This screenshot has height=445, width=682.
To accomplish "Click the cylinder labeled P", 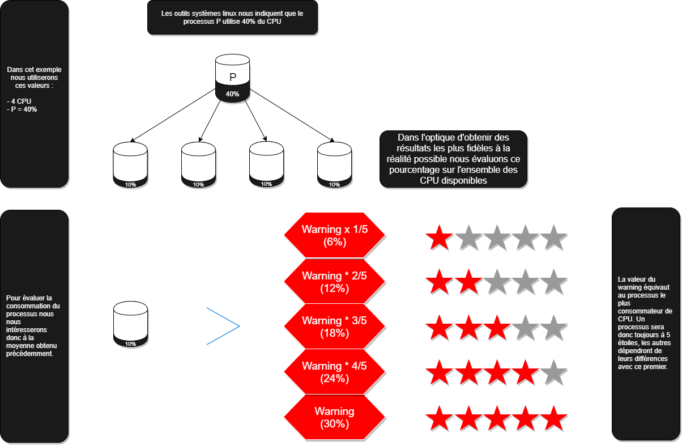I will point(232,78).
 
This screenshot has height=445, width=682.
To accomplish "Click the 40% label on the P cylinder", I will point(232,94).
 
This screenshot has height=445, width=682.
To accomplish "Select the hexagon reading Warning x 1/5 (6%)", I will point(334,235).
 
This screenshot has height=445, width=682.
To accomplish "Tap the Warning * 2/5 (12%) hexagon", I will point(334,282).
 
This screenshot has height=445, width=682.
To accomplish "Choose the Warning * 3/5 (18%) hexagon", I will point(334,327).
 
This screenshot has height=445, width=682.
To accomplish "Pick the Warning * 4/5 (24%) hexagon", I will point(334,372).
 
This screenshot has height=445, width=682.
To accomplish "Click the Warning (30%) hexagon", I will point(334,417).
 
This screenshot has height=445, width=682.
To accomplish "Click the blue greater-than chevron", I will point(224,326).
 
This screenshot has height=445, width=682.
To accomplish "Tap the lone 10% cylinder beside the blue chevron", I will point(130,324).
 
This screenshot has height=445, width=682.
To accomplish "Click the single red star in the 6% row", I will point(439,238).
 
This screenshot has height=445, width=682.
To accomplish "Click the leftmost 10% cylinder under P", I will point(130,165).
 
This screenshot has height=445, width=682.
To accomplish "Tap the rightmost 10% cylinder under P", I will point(334,165).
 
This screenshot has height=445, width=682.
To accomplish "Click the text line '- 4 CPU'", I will point(20,101).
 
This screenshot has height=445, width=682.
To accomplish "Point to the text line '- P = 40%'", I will point(22,109).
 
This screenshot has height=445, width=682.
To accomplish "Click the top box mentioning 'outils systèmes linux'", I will point(232,18).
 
